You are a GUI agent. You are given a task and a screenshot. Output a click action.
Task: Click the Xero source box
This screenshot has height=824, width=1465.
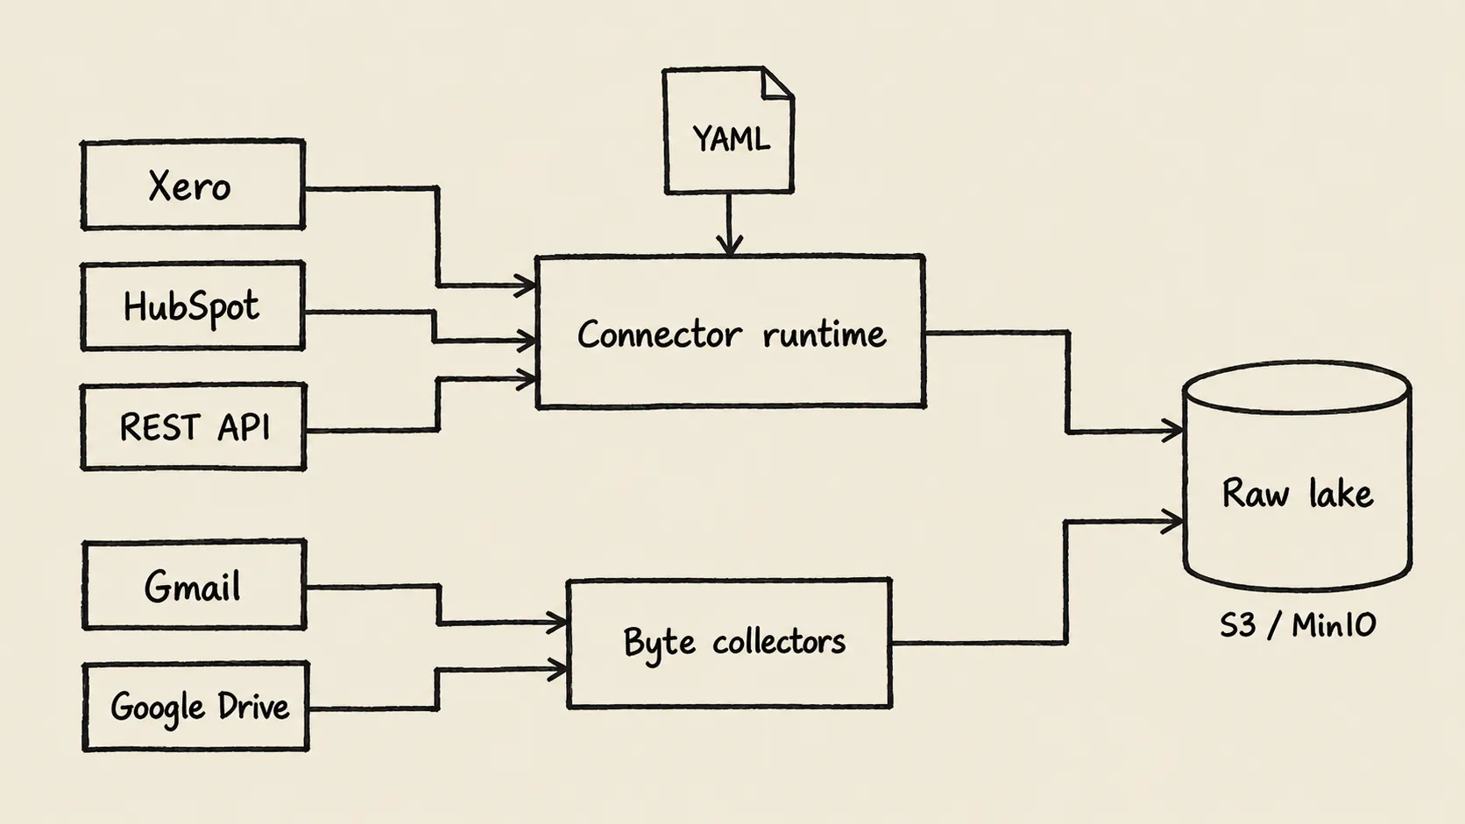pyautogui.click(x=193, y=185)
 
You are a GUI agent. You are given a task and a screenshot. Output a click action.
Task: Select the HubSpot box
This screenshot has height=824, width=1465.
pyautogui.click(x=193, y=306)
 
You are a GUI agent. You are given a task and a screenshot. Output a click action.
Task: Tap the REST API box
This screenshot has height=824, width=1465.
pyautogui.click(x=194, y=426)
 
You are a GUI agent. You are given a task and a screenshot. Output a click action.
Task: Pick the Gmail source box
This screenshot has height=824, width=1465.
pyautogui.click(x=195, y=585)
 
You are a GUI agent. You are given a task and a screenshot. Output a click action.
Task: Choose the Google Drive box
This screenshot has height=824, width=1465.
pyautogui.click(x=195, y=707)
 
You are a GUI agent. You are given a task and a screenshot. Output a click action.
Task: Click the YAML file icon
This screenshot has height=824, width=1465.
pyautogui.click(x=729, y=130)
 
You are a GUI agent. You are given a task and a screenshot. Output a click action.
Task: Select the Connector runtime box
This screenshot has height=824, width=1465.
pyautogui.click(x=730, y=332)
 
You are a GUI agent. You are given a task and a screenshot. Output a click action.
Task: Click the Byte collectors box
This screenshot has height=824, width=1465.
pyautogui.click(x=729, y=643)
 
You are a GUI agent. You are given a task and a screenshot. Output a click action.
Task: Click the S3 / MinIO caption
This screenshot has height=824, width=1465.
pyautogui.click(x=1299, y=625)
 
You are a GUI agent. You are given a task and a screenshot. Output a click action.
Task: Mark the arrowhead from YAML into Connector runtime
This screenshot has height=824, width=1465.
pyautogui.click(x=729, y=244)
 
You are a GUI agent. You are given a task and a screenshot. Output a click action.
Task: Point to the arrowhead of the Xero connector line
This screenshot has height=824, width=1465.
pyautogui.click(x=525, y=285)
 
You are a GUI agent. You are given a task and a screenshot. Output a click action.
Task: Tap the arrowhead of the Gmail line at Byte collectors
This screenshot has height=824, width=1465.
pyautogui.click(x=556, y=623)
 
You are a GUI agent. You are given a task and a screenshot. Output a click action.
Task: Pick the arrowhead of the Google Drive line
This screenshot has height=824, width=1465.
pyautogui.click(x=556, y=670)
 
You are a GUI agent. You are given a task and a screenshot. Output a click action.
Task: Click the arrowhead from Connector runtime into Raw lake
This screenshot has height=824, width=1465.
pyautogui.click(x=1172, y=431)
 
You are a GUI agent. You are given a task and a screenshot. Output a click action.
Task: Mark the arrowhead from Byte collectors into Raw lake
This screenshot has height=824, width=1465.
pyautogui.click(x=1172, y=521)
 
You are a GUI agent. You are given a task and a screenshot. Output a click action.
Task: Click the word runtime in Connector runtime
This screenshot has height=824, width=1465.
pyautogui.click(x=824, y=334)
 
